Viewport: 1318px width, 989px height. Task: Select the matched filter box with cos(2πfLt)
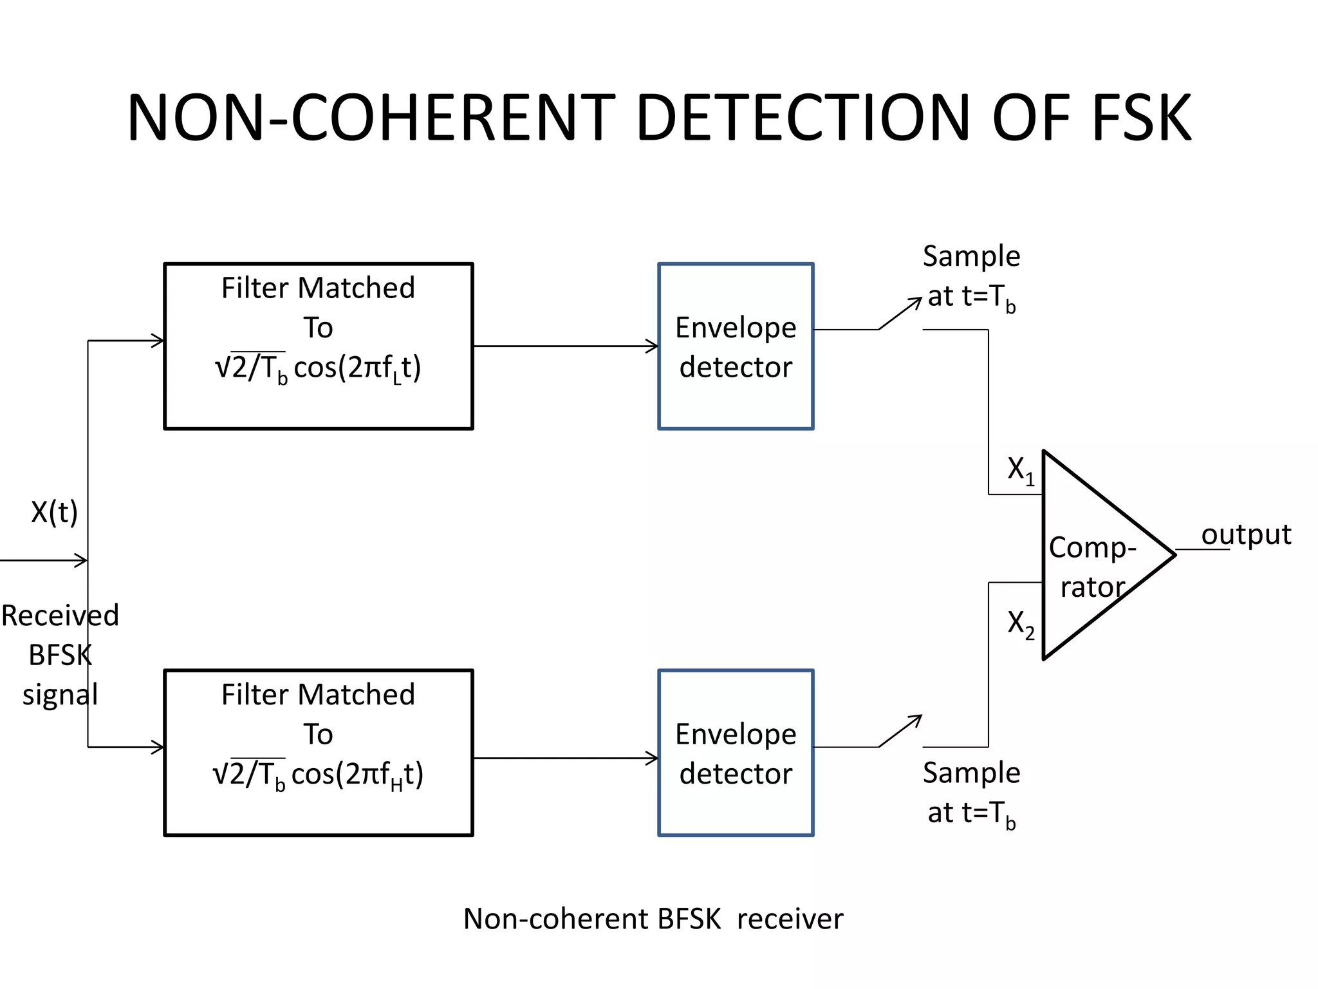coord(319,346)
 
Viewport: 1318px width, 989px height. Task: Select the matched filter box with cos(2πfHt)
coord(319,753)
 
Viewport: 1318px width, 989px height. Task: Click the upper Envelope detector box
coord(736,346)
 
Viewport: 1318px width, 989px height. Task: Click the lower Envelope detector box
coord(736,753)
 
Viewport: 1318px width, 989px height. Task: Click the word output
coord(1246,534)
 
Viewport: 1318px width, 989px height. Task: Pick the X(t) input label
coord(55,513)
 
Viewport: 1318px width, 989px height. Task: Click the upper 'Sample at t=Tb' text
coord(971,277)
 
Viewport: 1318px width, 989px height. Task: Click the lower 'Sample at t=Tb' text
coord(971,793)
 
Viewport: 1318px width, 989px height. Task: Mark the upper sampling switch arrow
coord(901,313)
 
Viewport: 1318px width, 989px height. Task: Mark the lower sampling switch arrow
coord(901,731)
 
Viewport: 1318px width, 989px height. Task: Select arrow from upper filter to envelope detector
coord(566,346)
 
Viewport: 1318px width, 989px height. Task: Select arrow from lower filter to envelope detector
coord(566,758)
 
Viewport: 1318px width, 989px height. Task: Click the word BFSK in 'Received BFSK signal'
coord(60,655)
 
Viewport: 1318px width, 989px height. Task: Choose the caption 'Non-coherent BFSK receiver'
coord(653,919)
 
